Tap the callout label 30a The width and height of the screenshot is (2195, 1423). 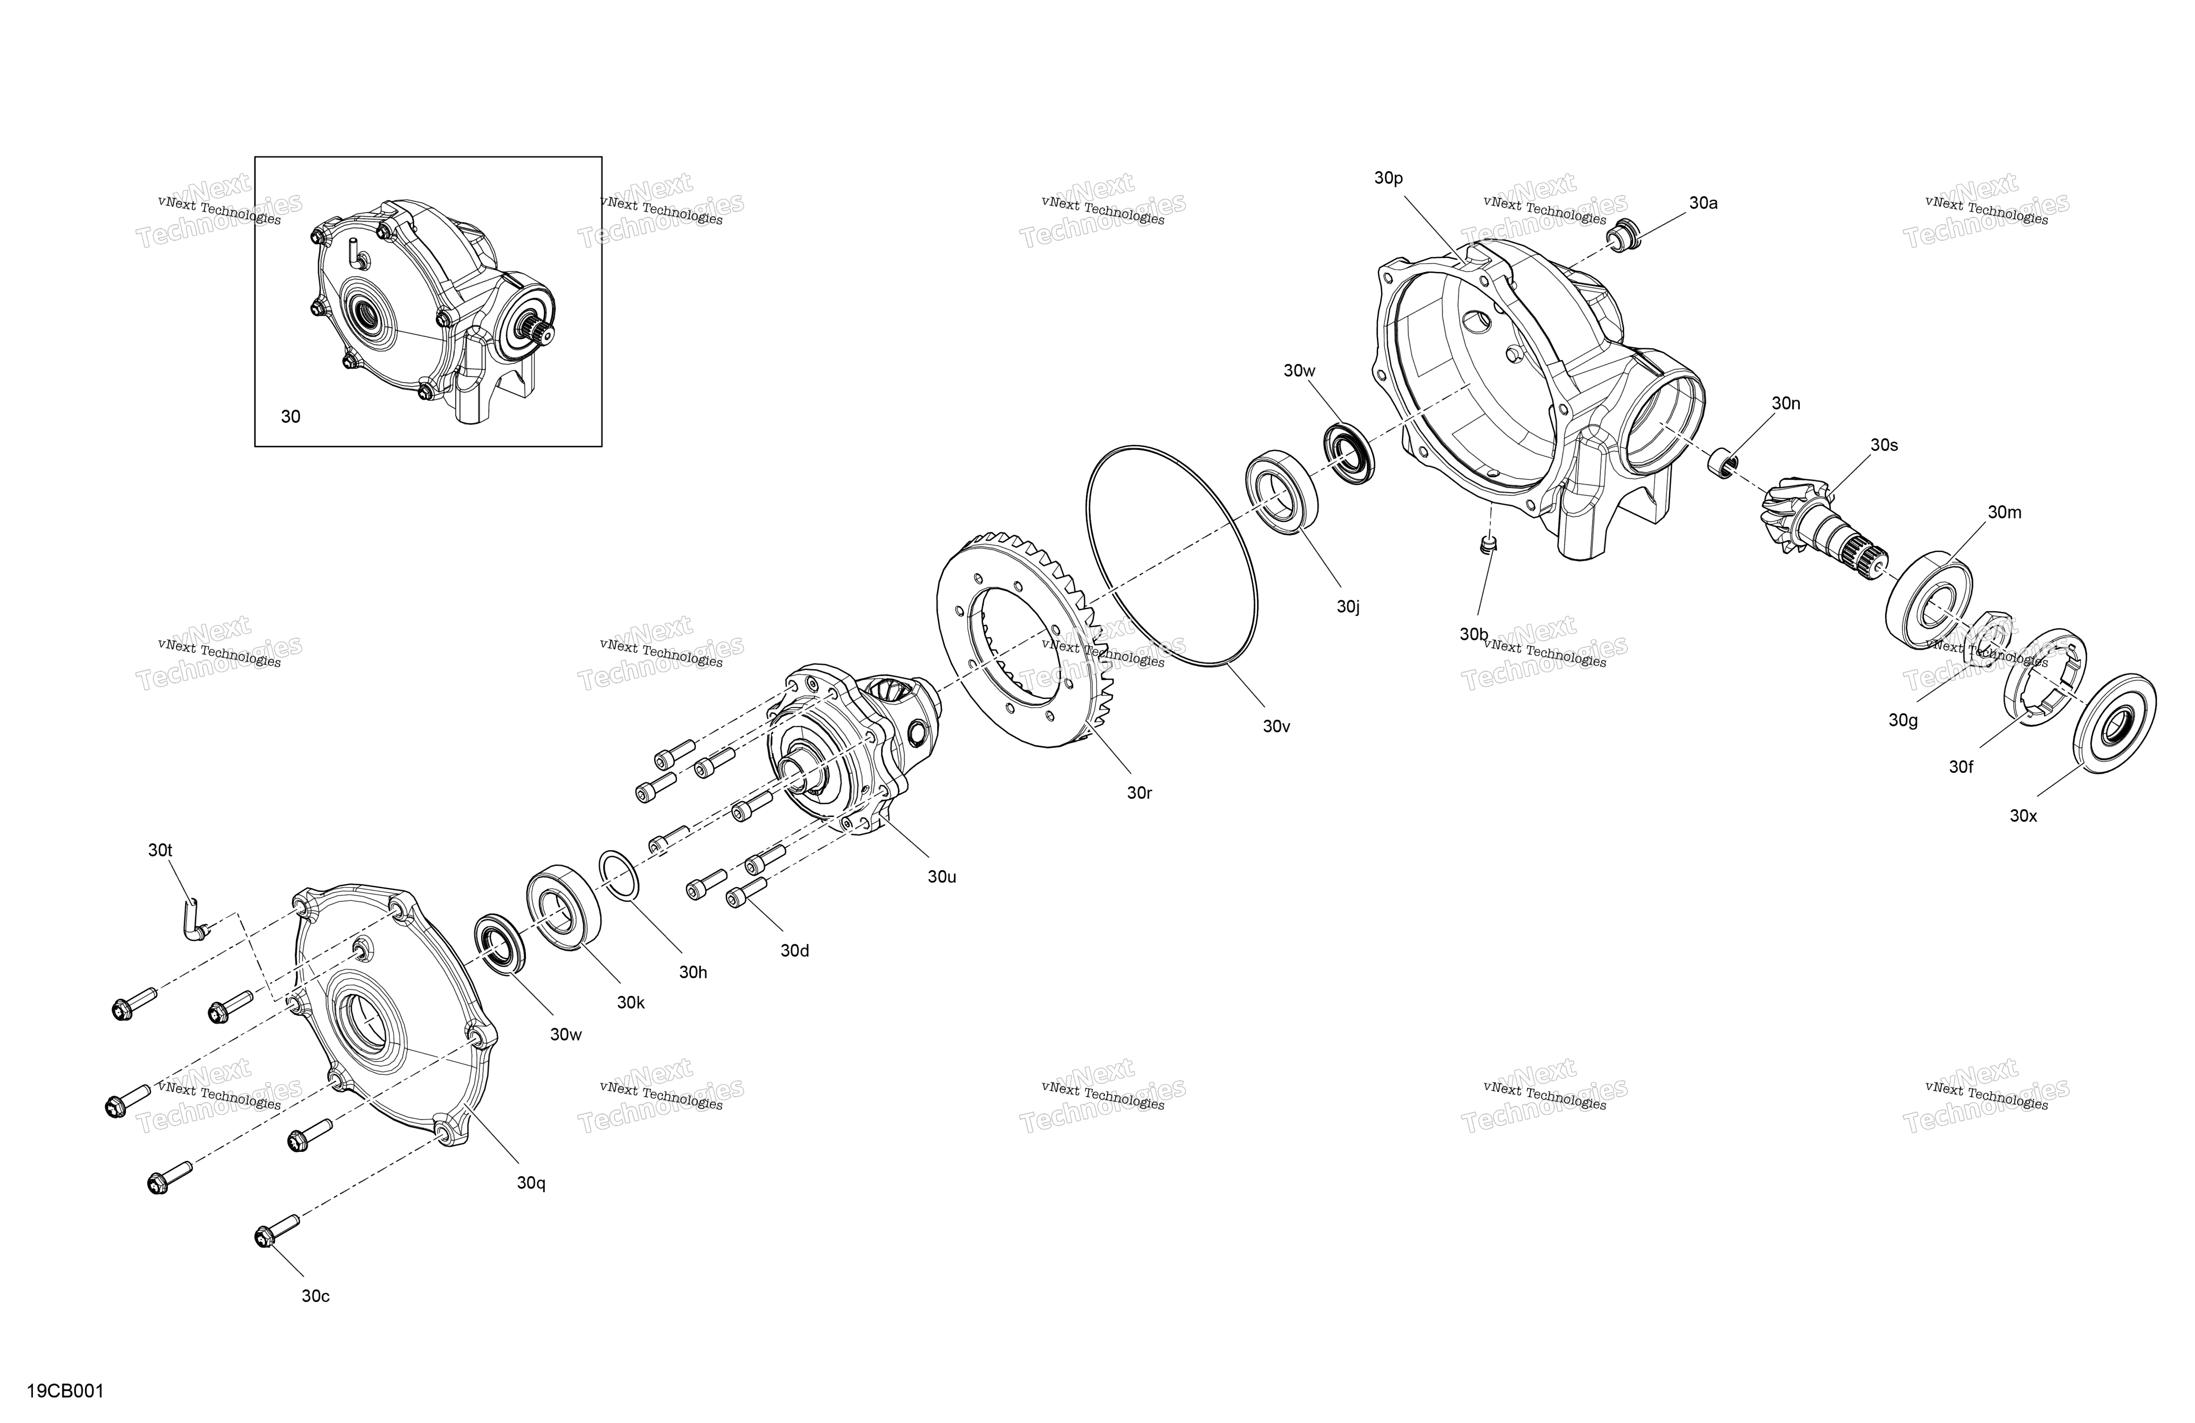pos(1703,203)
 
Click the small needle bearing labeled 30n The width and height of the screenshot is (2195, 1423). pos(1722,463)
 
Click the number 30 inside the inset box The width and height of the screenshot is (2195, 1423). pos(290,417)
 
